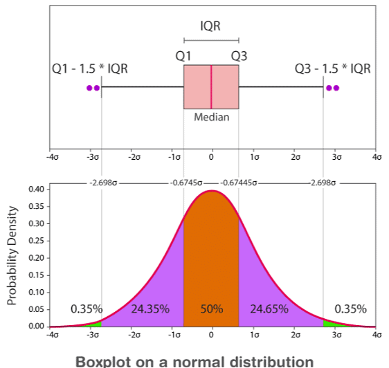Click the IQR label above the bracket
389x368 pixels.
(x=211, y=26)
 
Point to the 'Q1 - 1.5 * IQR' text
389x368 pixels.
(x=90, y=69)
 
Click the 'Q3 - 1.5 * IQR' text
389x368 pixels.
(x=332, y=69)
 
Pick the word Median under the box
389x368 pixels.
(x=211, y=117)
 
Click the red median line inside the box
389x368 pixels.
(x=211, y=87)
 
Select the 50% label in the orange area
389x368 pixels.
(x=211, y=309)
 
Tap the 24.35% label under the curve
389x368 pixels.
(x=150, y=309)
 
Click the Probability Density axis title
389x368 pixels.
(x=11, y=257)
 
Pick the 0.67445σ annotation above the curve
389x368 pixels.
(x=239, y=183)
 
